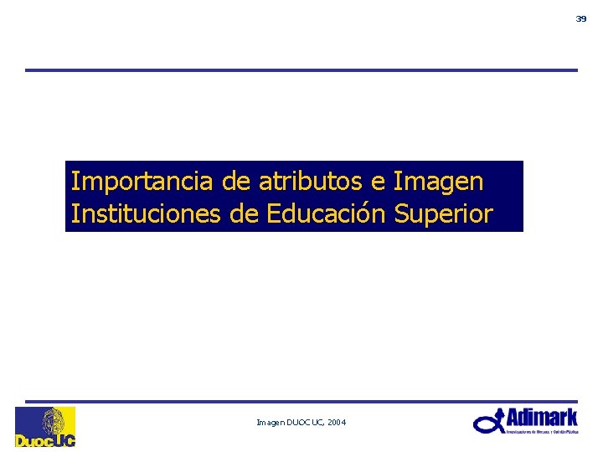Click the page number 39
(x=581, y=18)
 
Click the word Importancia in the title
(x=143, y=181)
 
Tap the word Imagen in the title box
(x=437, y=181)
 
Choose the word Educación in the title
(x=326, y=214)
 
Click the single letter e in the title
(x=377, y=182)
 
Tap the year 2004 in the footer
(x=337, y=424)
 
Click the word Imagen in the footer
(x=270, y=424)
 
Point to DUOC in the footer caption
(x=299, y=424)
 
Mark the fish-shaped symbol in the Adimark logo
(x=488, y=423)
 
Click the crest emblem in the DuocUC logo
(x=54, y=419)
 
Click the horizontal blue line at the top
(x=301, y=70)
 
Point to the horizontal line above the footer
(x=301, y=401)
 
